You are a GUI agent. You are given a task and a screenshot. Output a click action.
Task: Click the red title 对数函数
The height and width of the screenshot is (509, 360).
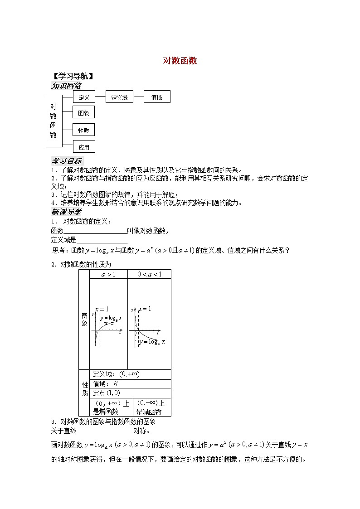click(x=180, y=61)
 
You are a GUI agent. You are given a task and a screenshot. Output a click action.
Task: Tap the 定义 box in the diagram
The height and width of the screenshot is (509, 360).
click(x=84, y=97)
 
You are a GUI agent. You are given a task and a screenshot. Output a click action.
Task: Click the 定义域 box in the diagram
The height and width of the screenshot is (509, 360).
click(x=119, y=97)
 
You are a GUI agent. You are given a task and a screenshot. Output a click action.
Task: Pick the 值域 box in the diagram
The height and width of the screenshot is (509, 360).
click(x=157, y=97)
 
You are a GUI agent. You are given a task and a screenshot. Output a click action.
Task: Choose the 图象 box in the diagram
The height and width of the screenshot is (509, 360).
click(x=84, y=113)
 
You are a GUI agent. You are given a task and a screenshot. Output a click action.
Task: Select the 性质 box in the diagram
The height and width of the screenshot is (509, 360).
click(x=84, y=130)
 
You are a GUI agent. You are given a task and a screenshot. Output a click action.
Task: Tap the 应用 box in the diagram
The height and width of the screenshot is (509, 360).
click(x=84, y=147)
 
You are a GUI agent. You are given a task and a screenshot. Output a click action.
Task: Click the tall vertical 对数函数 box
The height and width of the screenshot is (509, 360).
click(x=54, y=121)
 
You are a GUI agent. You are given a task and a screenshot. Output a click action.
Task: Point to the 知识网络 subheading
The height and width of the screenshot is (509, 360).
click(x=66, y=86)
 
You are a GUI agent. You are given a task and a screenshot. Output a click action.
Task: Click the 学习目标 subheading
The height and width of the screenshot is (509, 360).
click(x=66, y=161)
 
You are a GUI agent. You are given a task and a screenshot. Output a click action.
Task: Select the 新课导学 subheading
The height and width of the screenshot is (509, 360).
click(x=66, y=212)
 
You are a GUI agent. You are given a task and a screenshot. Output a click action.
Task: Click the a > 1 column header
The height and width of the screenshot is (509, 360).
click(x=108, y=274)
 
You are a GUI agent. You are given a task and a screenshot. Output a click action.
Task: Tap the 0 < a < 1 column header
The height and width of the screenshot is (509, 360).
click(x=149, y=274)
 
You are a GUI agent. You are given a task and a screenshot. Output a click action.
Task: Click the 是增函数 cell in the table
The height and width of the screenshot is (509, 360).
click(x=108, y=407)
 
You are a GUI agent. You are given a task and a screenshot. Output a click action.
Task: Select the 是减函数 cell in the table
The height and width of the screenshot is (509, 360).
click(x=149, y=407)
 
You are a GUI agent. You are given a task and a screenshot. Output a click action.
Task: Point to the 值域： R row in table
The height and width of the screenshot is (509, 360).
click(x=130, y=383)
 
